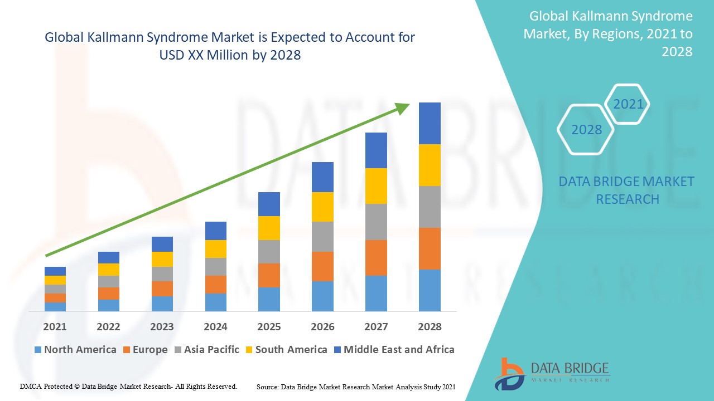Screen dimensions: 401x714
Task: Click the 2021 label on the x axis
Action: click(x=55, y=327)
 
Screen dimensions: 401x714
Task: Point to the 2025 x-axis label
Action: click(x=269, y=327)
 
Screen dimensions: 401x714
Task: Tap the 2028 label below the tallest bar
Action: click(x=430, y=327)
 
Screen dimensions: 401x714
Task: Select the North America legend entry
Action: click(x=75, y=350)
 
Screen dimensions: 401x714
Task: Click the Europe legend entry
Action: click(x=145, y=350)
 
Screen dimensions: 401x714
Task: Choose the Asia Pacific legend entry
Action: click(x=207, y=350)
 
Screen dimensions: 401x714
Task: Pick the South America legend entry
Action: click(x=286, y=350)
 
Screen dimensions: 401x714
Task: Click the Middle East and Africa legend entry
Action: click(x=394, y=350)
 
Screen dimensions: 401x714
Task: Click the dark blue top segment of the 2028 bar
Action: click(x=430, y=123)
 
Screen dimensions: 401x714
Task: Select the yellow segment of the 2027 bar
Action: click(x=376, y=186)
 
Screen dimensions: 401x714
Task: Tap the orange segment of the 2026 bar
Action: click(x=322, y=266)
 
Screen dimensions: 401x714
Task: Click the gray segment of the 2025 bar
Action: click(x=269, y=252)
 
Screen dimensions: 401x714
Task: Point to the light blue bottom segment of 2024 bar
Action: click(x=216, y=302)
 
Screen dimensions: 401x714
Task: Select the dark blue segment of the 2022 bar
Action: click(x=109, y=257)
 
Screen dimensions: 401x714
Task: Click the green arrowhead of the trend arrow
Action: click(x=402, y=107)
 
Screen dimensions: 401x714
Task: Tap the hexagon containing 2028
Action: click(x=586, y=130)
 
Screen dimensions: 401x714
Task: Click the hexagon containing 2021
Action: click(x=628, y=104)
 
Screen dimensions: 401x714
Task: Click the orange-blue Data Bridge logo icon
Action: click(x=509, y=373)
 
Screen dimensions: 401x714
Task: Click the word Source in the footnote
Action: click(x=268, y=387)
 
